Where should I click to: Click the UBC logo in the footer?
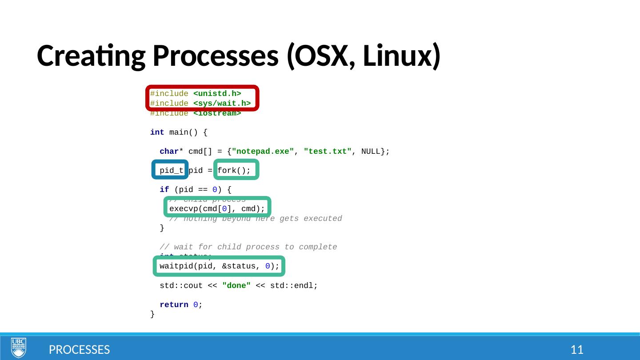click(x=18, y=348)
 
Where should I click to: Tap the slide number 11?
click(x=577, y=350)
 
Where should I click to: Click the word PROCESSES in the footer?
click(x=79, y=350)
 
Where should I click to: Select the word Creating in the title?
click(x=90, y=57)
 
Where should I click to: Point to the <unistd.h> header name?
click(x=217, y=94)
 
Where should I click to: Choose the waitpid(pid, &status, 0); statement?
click(x=219, y=266)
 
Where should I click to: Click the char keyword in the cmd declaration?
click(x=169, y=152)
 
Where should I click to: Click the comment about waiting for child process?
click(x=248, y=247)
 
